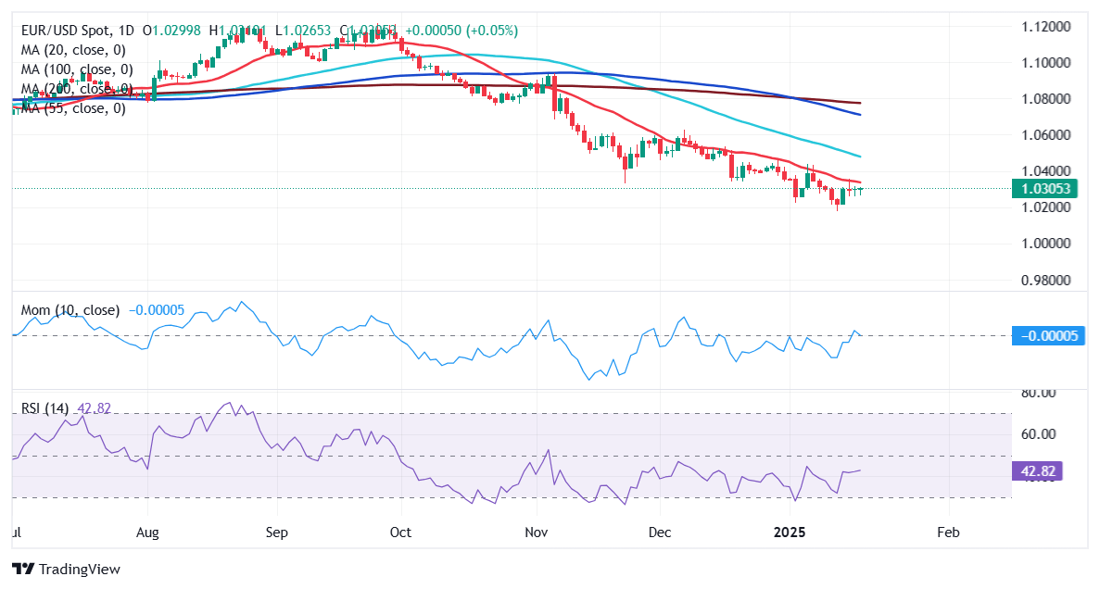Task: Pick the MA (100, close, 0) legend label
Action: pos(76,69)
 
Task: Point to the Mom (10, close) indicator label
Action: pos(70,310)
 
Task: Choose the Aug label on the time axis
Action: pos(148,533)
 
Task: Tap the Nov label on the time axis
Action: pos(537,533)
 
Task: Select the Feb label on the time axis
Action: pos(948,533)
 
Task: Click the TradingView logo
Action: pos(66,569)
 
